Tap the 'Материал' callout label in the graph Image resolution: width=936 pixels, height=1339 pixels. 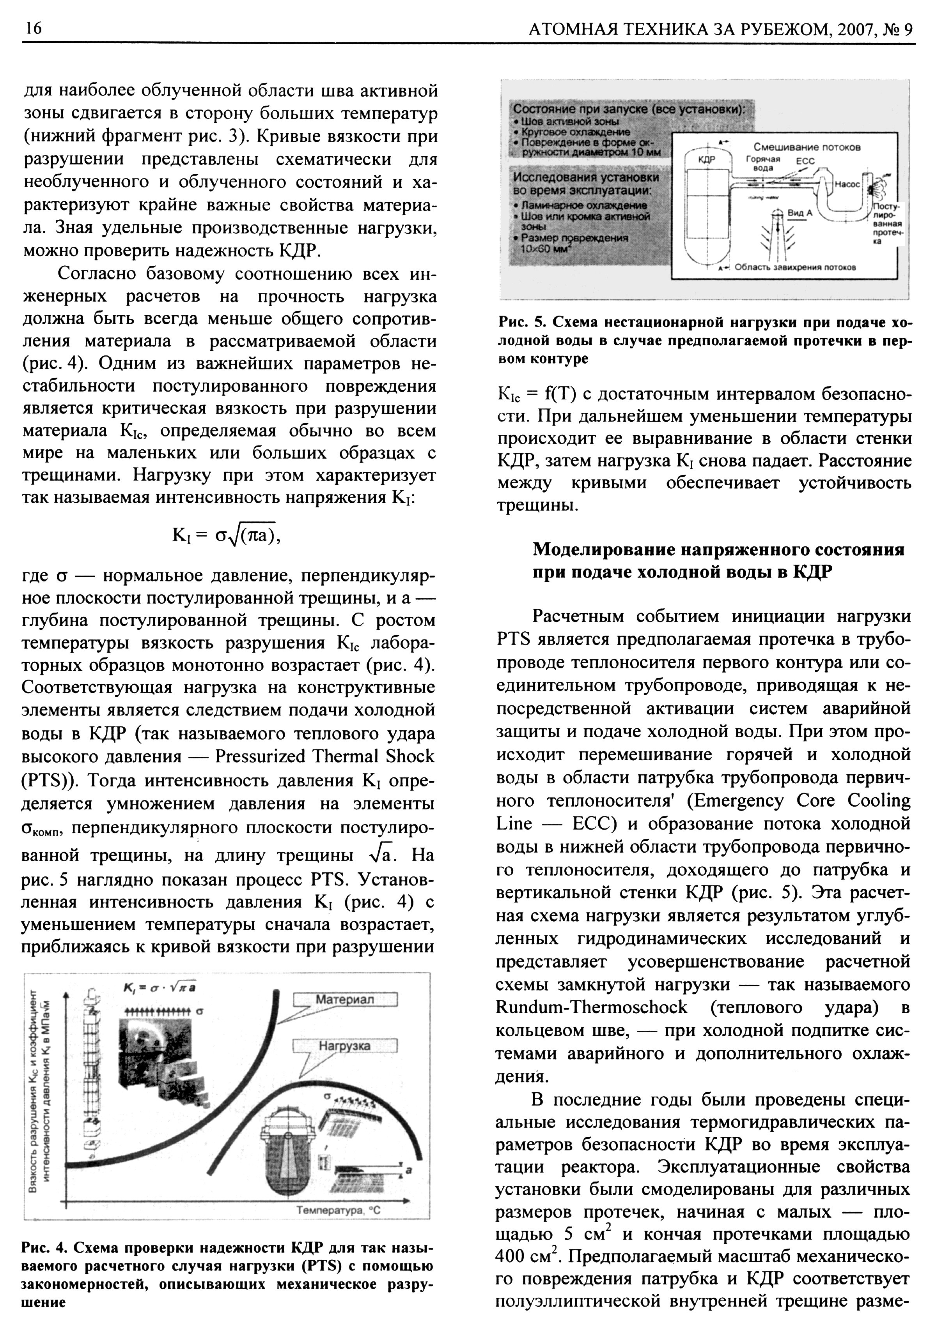[x=345, y=1000]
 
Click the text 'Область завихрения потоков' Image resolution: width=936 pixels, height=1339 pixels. [x=795, y=268]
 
